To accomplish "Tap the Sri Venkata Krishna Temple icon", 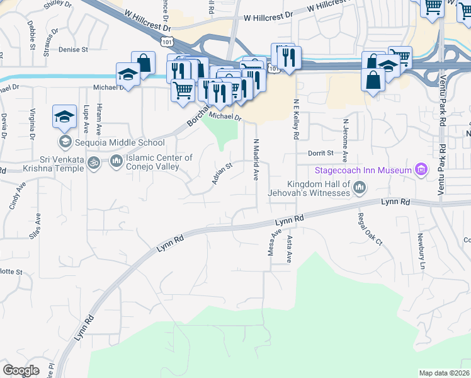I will click(94, 163).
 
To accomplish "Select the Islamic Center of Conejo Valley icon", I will click(116, 163).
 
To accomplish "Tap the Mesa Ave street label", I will click(275, 242).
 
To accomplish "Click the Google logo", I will click(20, 370).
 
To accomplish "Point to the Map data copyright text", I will click(444, 373).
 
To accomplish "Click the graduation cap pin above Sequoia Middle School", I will click(65, 117).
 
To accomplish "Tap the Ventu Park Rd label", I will click(443, 170).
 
